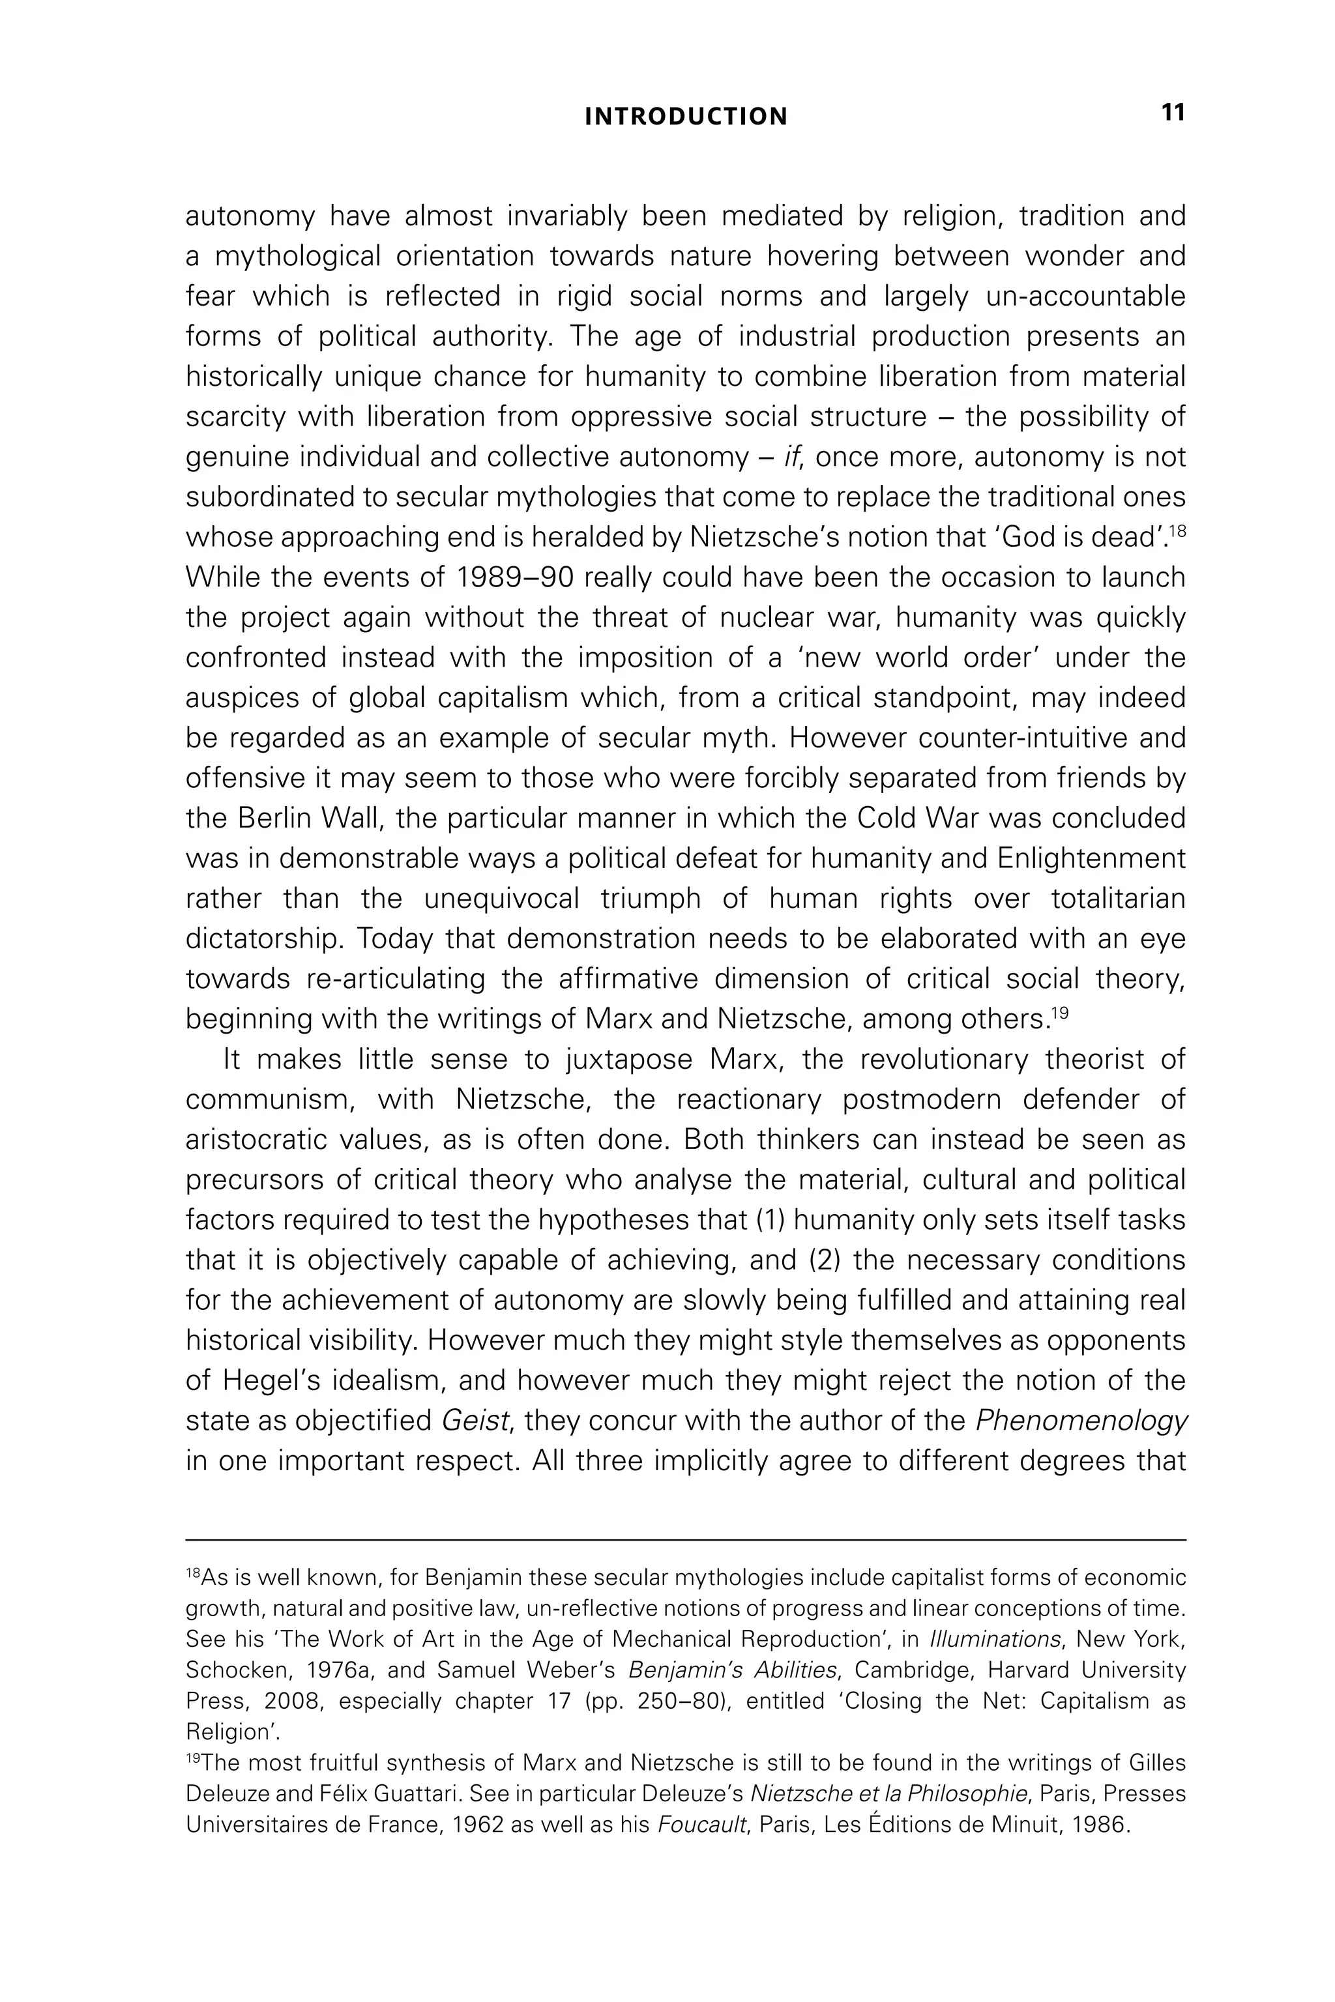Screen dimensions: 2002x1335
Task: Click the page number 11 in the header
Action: pos(1173,113)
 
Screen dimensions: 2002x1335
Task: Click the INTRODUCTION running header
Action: pos(685,117)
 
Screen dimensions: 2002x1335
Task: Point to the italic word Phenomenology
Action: pos(1080,1421)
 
